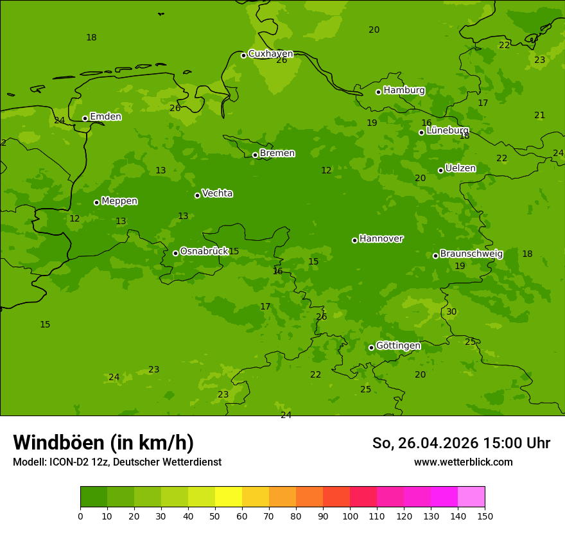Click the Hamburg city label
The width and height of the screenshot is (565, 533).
click(x=404, y=91)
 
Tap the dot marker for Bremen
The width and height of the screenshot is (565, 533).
click(x=255, y=155)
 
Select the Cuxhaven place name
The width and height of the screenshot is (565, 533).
click(x=270, y=54)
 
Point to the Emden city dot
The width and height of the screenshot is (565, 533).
click(x=85, y=118)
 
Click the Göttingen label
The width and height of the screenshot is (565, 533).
click(x=398, y=346)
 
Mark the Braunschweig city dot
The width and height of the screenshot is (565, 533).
click(x=435, y=256)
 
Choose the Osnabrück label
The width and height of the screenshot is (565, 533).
click(x=204, y=252)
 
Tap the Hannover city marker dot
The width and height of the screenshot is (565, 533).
click(x=354, y=240)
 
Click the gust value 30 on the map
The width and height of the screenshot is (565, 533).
click(x=451, y=312)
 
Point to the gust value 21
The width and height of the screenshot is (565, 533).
click(x=539, y=116)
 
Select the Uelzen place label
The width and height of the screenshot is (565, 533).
click(x=460, y=169)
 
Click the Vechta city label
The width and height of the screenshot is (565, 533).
click(x=217, y=194)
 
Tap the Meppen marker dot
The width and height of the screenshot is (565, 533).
click(x=96, y=202)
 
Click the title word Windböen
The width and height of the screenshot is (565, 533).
click(x=58, y=442)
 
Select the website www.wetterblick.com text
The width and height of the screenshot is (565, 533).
click(x=463, y=462)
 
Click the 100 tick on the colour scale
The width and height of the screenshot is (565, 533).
click(x=350, y=516)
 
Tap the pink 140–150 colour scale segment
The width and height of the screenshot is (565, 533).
click(x=471, y=497)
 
